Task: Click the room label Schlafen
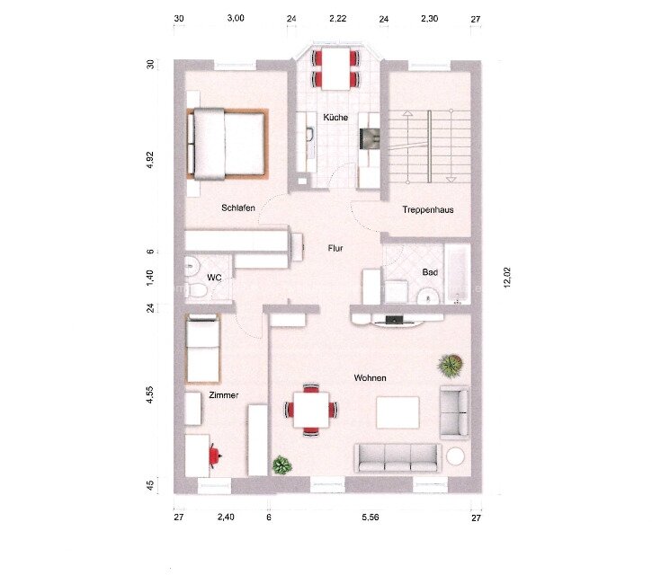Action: [x=238, y=208]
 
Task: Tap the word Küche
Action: [x=335, y=118]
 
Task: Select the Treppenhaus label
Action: [x=428, y=209]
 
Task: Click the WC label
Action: [x=214, y=278]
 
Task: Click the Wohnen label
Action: [x=370, y=378]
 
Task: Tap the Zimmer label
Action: [x=223, y=394]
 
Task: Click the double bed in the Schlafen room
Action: [x=228, y=144]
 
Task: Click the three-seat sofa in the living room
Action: [x=397, y=457]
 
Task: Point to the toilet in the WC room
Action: [x=192, y=267]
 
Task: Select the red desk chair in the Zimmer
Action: [x=214, y=456]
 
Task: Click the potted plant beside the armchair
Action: [x=450, y=365]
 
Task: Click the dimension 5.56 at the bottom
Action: [x=370, y=517]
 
